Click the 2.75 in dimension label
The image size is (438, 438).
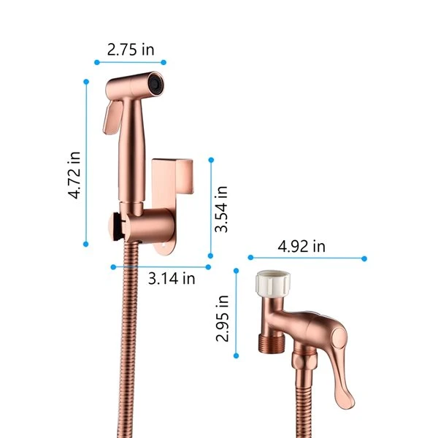(x=131, y=50)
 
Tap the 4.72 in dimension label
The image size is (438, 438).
(x=74, y=175)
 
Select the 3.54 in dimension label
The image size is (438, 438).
(x=221, y=210)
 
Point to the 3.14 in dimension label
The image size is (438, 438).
(x=172, y=279)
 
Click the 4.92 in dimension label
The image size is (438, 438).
(x=301, y=247)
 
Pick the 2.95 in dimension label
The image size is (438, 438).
(x=223, y=319)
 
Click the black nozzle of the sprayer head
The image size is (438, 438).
(x=155, y=83)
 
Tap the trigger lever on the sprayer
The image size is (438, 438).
(x=112, y=118)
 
